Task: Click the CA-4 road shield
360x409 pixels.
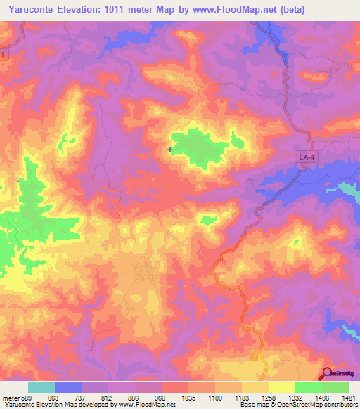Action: point(305,160)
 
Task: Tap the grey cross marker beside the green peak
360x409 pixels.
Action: point(170,149)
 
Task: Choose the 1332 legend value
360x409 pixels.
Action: point(295,397)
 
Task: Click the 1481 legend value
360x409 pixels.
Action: point(347,397)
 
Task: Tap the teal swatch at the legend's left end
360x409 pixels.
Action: point(41,387)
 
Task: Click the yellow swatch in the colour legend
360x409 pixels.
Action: point(281,387)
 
